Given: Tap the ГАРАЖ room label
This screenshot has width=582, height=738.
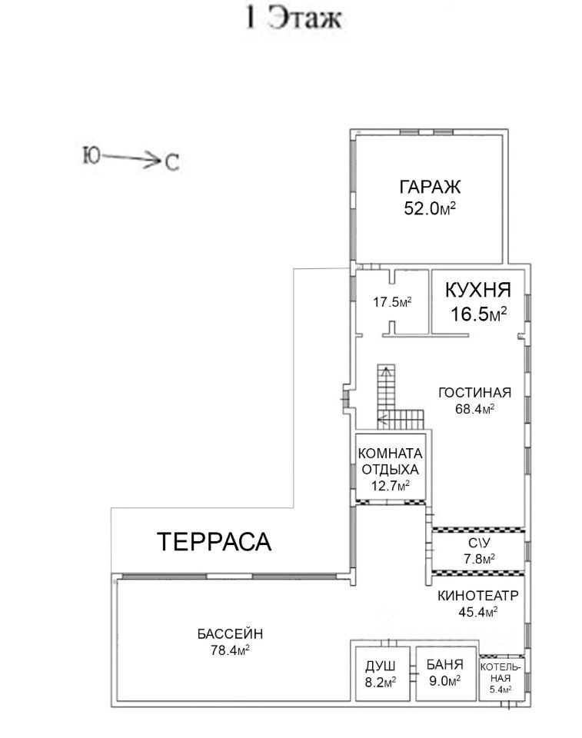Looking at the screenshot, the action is click(x=430, y=187).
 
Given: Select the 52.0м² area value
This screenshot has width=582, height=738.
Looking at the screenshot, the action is click(x=430, y=208).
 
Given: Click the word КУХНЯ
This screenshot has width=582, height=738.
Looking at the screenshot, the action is click(x=478, y=290).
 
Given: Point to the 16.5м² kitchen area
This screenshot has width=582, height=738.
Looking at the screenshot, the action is click(x=478, y=314).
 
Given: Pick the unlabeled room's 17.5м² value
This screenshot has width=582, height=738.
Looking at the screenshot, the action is click(x=392, y=301).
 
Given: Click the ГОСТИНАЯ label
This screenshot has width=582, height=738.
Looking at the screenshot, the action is click(x=474, y=393).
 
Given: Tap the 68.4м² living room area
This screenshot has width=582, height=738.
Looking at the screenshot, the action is click(x=474, y=408).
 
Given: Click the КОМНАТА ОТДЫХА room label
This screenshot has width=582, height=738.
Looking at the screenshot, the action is click(x=390, y=461).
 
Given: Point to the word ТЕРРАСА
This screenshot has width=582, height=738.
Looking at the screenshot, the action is click(x=214, y=541).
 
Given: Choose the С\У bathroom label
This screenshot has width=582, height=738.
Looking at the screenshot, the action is click(x=479, y=543).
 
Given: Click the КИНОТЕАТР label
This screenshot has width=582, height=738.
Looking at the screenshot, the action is click(x=478, y=595).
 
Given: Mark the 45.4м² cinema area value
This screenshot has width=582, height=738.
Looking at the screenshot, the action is click(x=478, y=611).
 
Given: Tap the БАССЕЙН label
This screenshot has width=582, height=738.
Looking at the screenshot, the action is click(x=230, y=633).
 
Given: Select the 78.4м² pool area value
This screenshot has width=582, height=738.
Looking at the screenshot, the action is click(x=230, y=650).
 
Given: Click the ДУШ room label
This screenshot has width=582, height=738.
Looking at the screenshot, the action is click(x=381, y=666).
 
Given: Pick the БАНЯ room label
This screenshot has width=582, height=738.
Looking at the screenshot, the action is click(x=445, y=664).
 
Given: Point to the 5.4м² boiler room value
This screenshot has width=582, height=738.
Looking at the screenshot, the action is click(x=501, y=690).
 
